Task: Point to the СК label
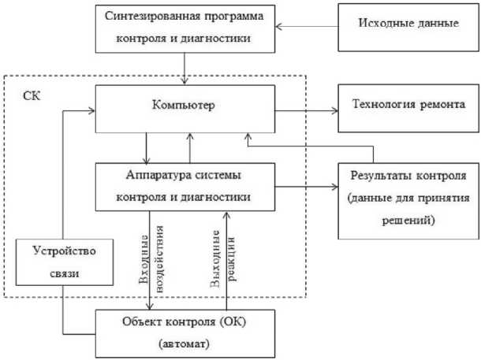pos(32,97)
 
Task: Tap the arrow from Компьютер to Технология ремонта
pos(308,110)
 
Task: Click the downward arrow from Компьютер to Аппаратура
pos(147,147)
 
